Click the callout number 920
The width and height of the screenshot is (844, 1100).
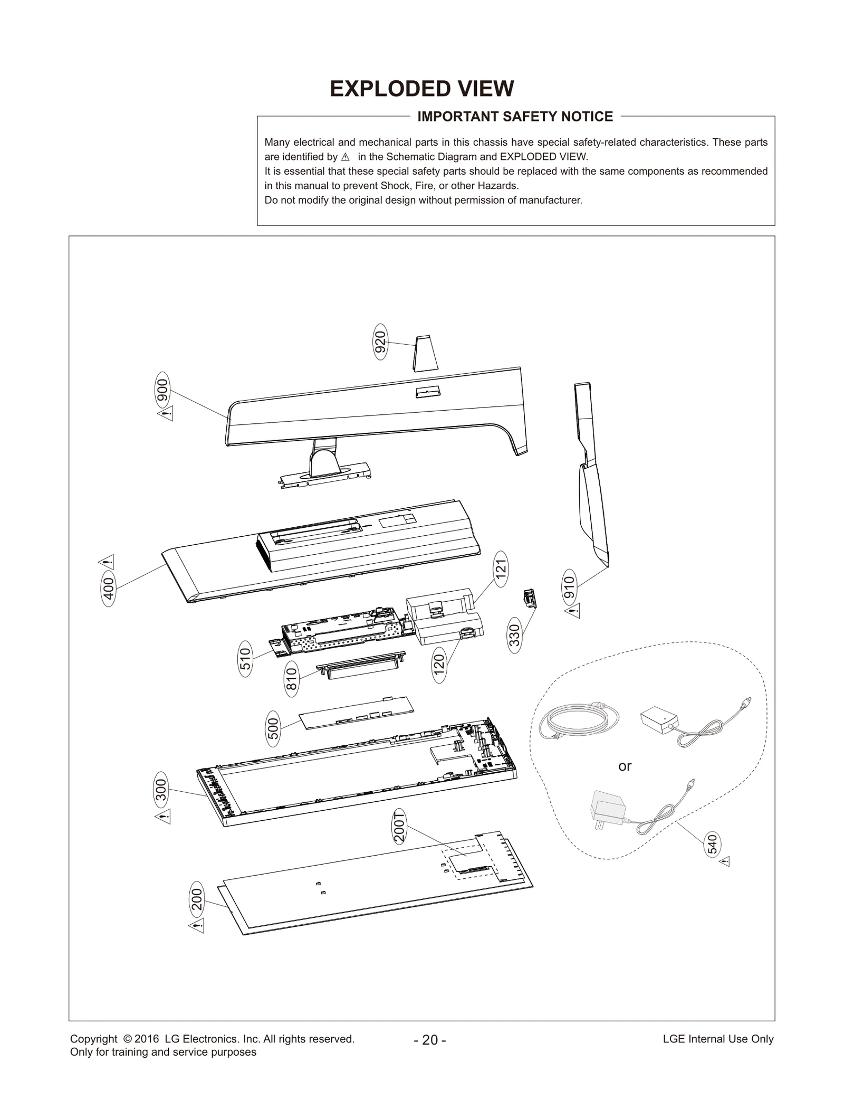pos(380,342)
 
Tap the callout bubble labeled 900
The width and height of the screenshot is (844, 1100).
pos(162,390)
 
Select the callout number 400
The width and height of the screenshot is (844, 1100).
pos(108,589)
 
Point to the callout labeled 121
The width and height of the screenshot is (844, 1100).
pos(501,568)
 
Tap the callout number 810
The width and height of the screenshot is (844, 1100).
pos(292,678)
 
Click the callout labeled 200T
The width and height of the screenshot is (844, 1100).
pos(400,828)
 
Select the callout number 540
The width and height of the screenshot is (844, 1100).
pos(712,844)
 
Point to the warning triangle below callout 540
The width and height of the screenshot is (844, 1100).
pos(725,861)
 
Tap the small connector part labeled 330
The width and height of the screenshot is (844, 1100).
pos(529,599)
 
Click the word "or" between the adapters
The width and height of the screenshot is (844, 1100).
pos(625,766)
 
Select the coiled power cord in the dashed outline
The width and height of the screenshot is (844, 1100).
pos(579,719)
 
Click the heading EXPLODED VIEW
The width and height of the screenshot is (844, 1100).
pos(421,89)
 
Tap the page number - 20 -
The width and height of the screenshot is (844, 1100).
pos(430,1040)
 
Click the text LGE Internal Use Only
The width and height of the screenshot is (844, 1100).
pos(718,1039)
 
